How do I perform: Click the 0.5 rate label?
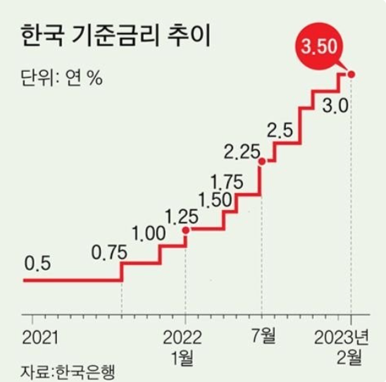tap(39, 264)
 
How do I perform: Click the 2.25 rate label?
tap(242, 150)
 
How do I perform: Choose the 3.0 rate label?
tap(335, 107)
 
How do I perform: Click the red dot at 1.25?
tap(185, 230)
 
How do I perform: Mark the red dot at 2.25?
tap(262, 161)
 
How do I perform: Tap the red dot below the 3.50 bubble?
tap(351, 73)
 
